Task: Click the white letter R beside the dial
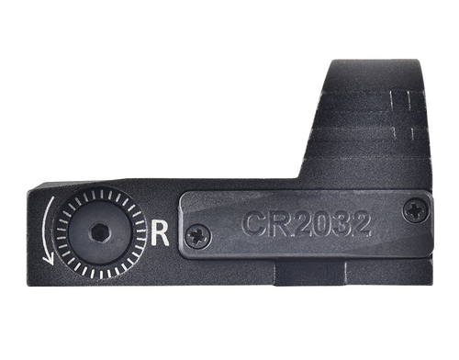point(161,233)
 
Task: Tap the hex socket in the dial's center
point(99,233)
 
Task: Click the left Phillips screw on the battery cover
point(196,236)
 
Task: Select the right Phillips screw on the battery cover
point(414,209)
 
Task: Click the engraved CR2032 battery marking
point(307,223)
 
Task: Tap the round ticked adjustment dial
point(99,233)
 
